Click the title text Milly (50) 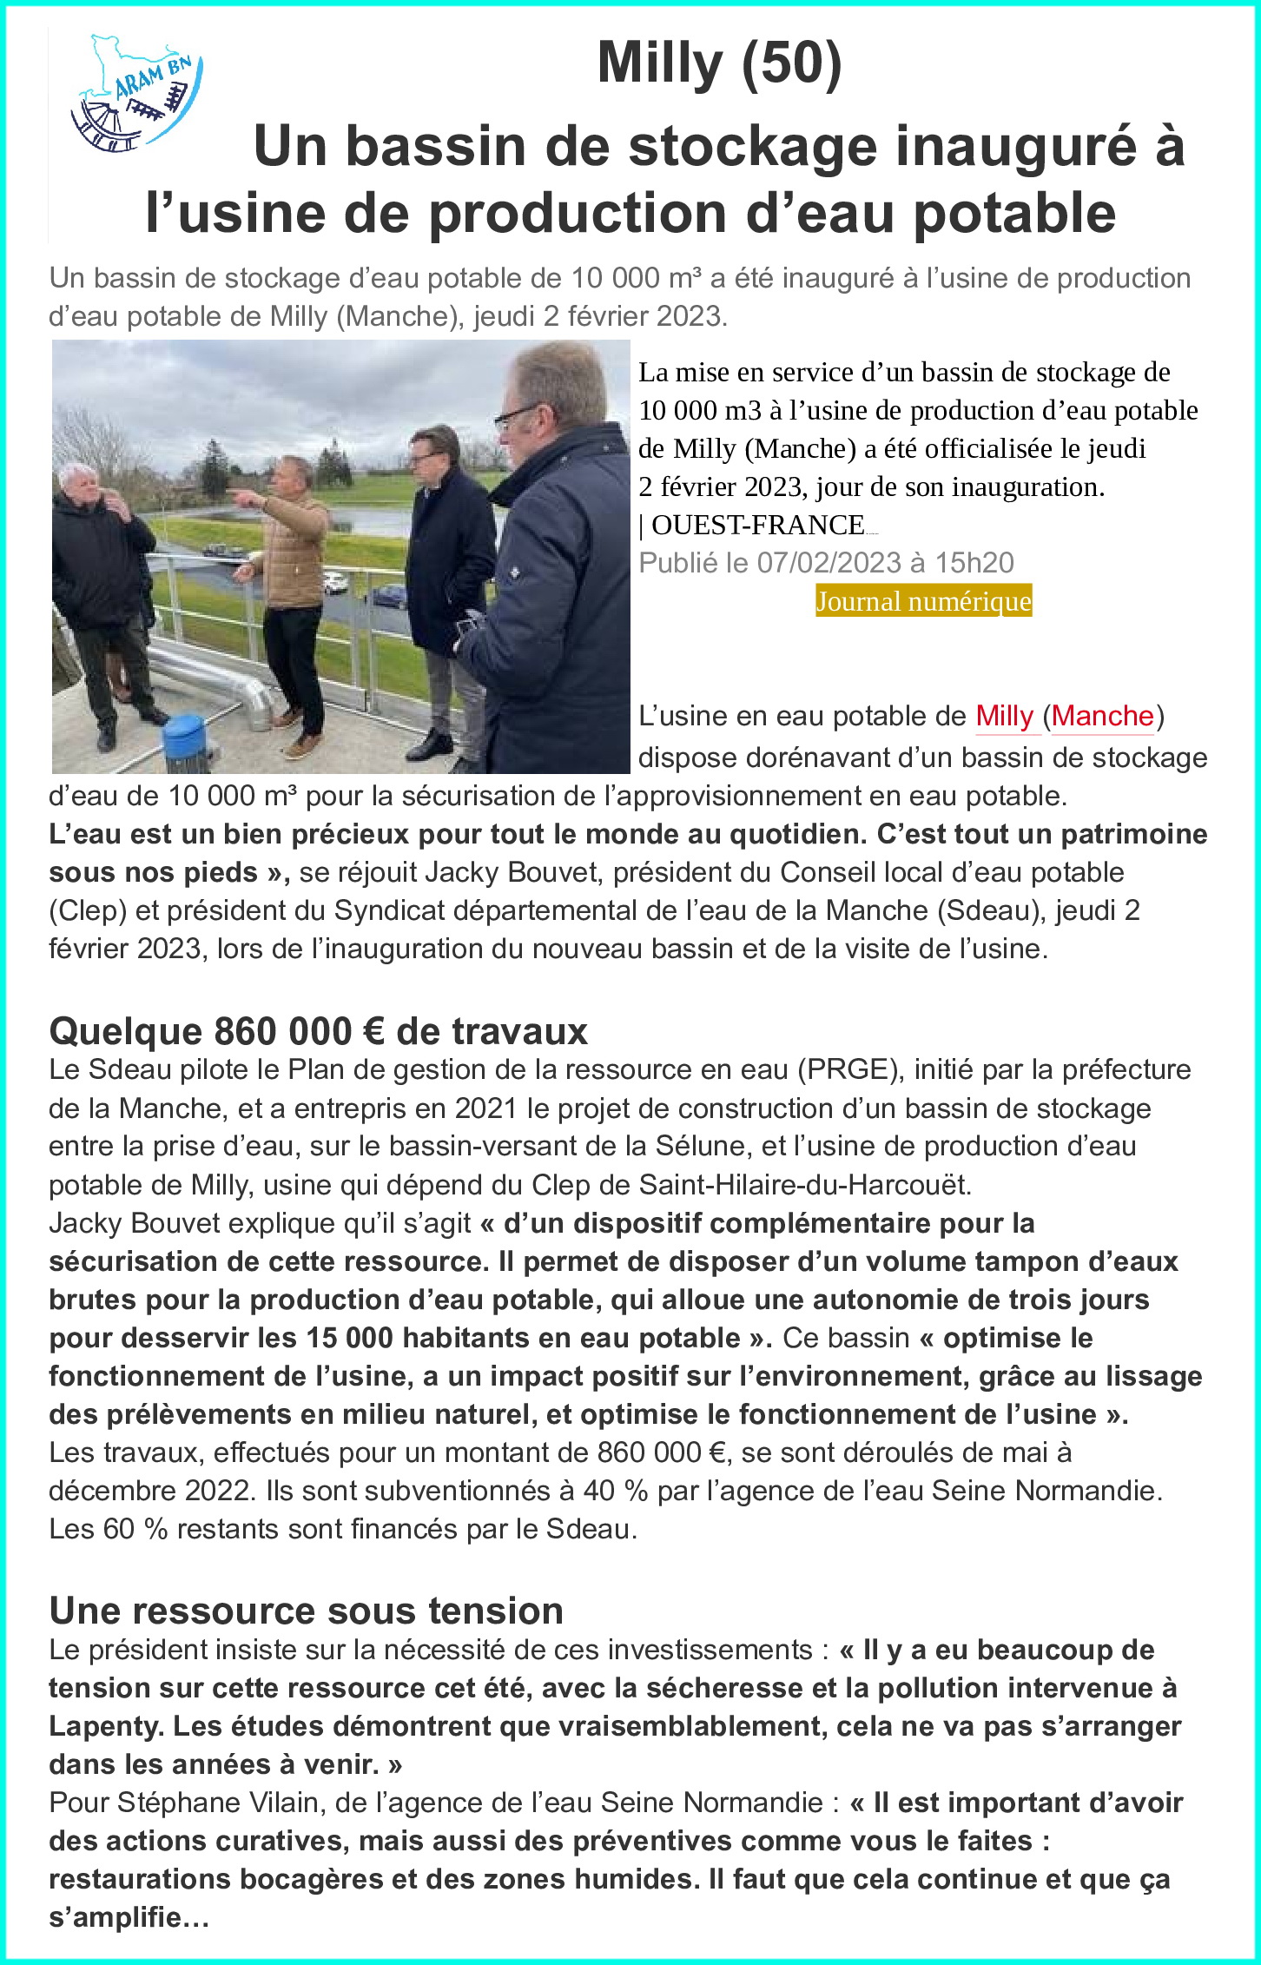tap(719, 63)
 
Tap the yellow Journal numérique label tap(923, 601)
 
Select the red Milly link tap(1004, 716)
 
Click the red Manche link tap(1102, 716)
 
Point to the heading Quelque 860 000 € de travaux tap(319, 1031)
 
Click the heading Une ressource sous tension tap(307, 1611)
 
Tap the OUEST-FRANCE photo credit tap(757, 525)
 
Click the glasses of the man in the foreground tap(518, 416)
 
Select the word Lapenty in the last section tap(105, 1726)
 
